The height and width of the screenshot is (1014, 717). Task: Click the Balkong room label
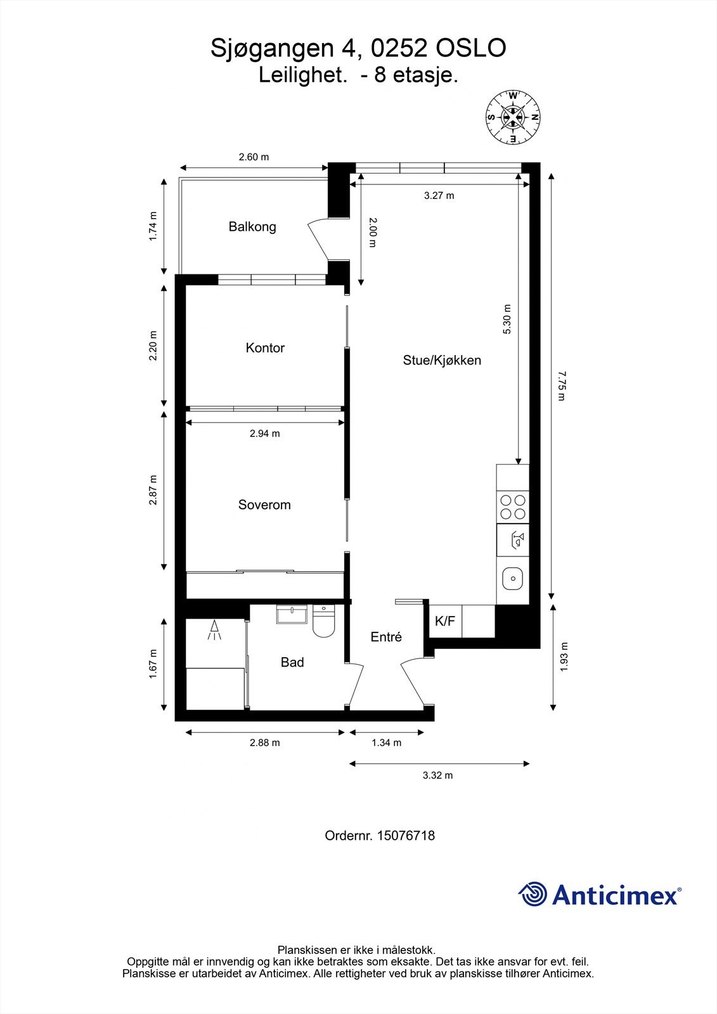(x=252, y=227)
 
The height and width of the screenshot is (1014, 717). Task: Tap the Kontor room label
(x=265, y=348)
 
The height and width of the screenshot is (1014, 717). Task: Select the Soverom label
(x=264, y=505)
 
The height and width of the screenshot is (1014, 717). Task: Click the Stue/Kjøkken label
(x=442, y=361)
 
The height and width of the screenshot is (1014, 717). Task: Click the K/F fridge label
(x=445, y=622)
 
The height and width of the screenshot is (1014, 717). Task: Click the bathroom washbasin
(x=292, y=615)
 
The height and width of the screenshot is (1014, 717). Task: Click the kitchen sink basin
(x=512, y=578)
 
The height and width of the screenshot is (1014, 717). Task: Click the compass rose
(x=512, y=117)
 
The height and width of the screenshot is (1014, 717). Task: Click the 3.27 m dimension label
(x=439, y=196)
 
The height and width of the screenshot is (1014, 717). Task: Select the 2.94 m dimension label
(x=264, y=434)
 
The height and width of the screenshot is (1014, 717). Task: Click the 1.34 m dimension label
(x=386, y=743)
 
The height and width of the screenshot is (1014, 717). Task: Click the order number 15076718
(x=406, y=836)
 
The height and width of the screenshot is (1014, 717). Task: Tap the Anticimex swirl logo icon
(x=533, y=894)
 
